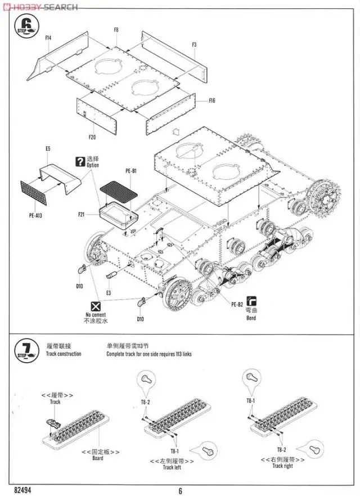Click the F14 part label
48,37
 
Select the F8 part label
116,29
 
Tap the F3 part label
194,44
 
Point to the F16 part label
212,101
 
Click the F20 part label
92,137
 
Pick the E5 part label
48,148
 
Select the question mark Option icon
80,161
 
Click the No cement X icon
96,306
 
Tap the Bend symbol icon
251,301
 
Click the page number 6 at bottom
181,490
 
